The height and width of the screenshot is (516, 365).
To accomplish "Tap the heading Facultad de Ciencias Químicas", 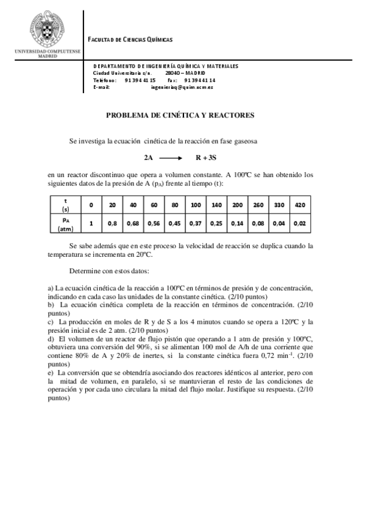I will click(x=130, y=40).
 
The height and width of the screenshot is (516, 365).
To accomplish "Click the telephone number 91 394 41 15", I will click(x=140, y=80).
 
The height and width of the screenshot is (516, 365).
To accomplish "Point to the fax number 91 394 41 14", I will click(x=199, y=80).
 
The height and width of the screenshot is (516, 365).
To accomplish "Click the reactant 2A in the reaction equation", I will click(x=148, y=158).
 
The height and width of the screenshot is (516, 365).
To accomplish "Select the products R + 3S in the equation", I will click(x=205, y=158).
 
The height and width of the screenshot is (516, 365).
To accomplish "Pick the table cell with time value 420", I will click(x=300, y=205).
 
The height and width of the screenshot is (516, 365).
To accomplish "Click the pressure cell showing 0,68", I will click(x=133, y=223).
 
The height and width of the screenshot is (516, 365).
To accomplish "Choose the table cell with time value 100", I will click(x=196, y=205).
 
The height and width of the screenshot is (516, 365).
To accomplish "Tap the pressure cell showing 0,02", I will click(x=300, y=223).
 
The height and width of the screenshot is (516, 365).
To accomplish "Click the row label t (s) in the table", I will click(x=65, y=205).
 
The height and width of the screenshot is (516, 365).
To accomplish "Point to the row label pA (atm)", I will click(x=65, y=224).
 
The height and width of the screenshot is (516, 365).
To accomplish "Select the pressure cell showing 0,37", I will click(x=196, y=223).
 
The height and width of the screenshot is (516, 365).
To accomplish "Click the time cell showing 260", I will click(x=258, y=205).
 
